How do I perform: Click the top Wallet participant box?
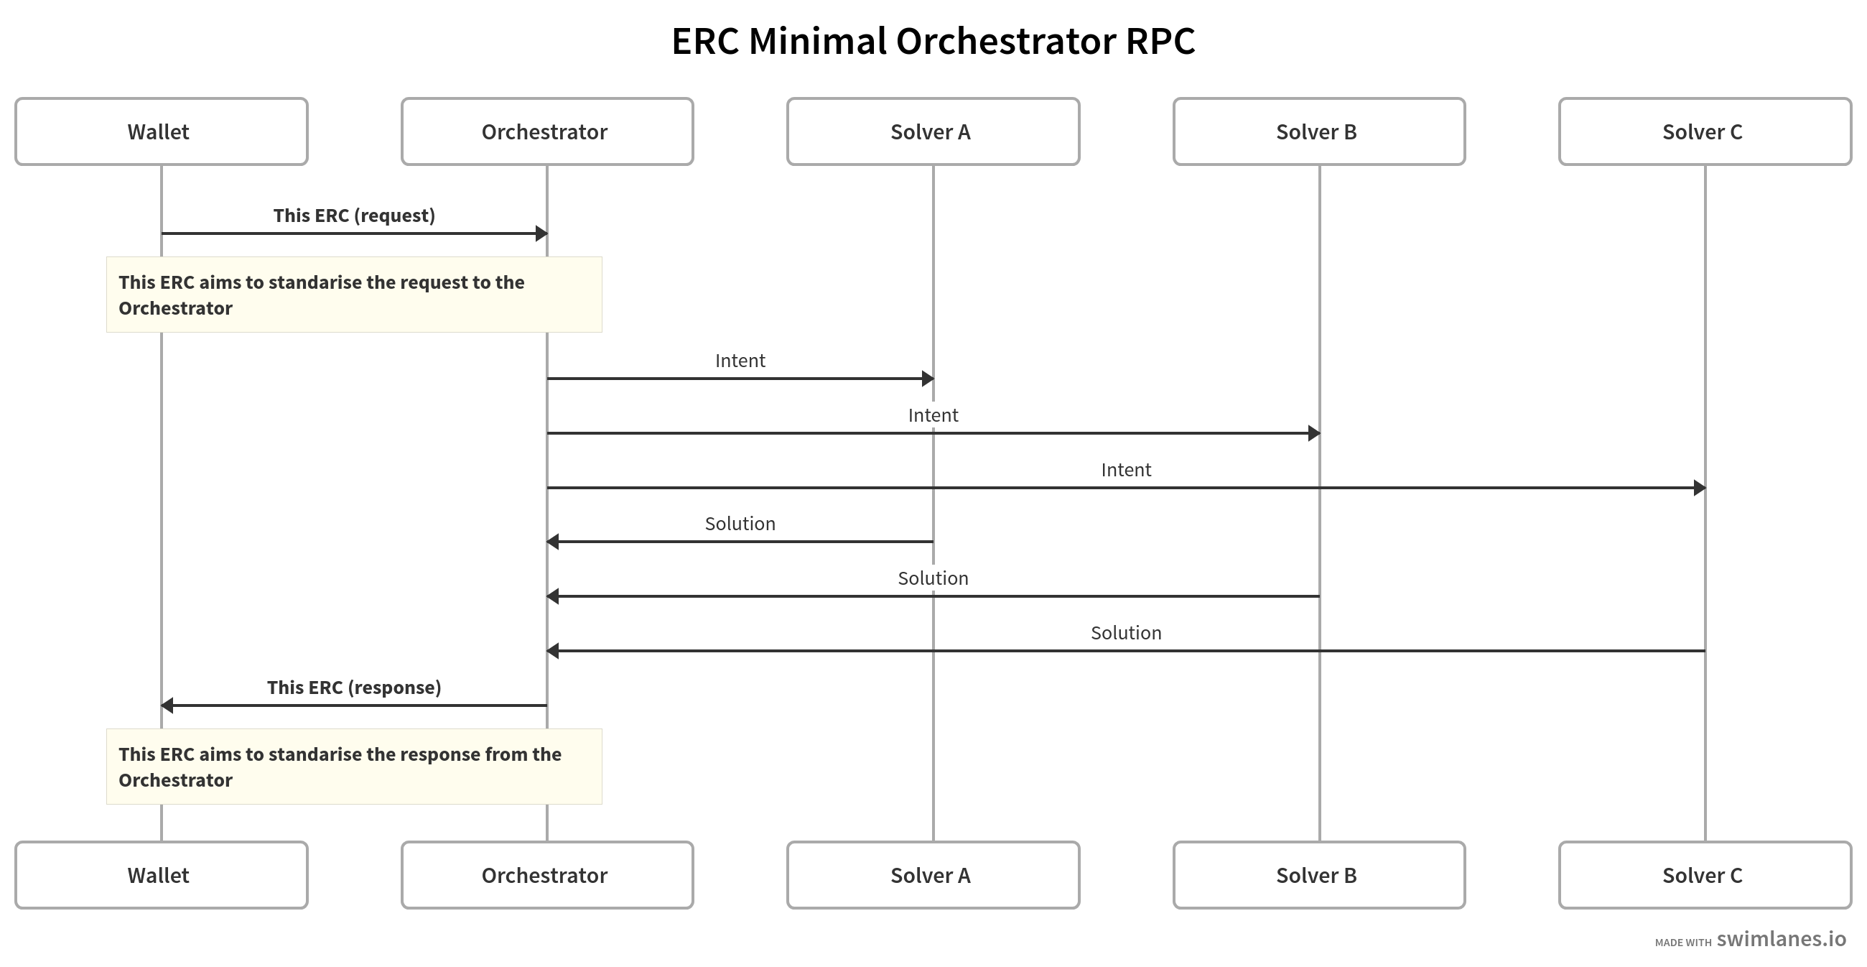point(161,132)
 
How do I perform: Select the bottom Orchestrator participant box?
point(547,875)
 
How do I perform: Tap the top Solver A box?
point(933,132)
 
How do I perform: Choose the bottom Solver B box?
point(1319,875)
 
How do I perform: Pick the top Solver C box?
point(1705,132)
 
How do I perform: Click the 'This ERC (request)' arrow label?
point(354,216)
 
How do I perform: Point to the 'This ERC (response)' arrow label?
point(354,688)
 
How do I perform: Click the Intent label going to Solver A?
point(740,360)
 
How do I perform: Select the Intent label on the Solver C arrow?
point(1125,470)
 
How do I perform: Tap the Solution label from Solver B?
point(933,578)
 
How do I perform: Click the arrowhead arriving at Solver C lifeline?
point(1699,488)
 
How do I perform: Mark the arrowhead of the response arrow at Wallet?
point(167,705)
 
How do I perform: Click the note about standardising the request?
point(354,295)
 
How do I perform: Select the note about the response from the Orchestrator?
point(354,767)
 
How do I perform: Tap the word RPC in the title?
point(1160,42)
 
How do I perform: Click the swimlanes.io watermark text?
point(1781,939)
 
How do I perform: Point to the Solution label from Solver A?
point(740,523)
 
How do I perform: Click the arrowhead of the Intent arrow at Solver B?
point(1313,433)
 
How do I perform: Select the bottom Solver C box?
point(1705,875)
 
